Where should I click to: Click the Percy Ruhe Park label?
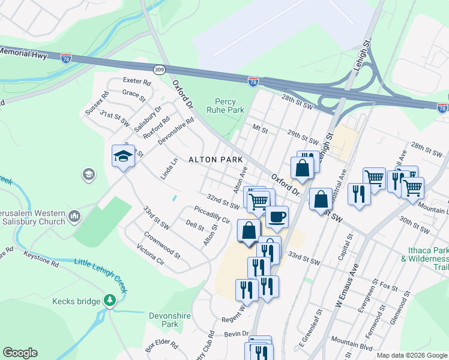tap(225, 106)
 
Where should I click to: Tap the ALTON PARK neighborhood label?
tap(215, 160)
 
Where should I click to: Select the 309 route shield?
tap(159, 70)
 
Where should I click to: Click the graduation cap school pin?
tap(123, 156)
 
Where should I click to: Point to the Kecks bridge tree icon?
tap(109, 300)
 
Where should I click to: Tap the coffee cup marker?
tap(276, 217)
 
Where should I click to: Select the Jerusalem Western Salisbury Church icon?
tap(75, 215)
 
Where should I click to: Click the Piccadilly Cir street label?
tap(212, 215)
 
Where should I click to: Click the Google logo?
tap(20, 353)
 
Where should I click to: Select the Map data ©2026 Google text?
tap(411, 355)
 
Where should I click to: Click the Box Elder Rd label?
tap(161, 346)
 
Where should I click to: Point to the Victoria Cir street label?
tap(150, 255)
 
